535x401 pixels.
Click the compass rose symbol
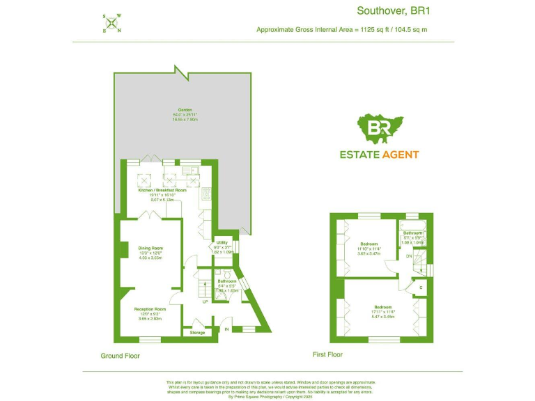[x=112, y=24]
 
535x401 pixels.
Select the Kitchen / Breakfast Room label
[x=162, y=190]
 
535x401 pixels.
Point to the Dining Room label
[x=151, y=248]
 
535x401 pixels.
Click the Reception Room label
[x=150, y=308]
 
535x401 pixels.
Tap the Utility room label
[x=222, y=242]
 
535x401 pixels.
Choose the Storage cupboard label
[x=197, y=333]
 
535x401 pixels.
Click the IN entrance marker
[x=226, y=329]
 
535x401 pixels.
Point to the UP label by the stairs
[x=205, y=302]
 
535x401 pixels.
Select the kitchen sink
[x=189, y=170]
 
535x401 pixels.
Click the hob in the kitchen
[x=206, y=195]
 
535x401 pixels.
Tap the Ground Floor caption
[x=121, y=356]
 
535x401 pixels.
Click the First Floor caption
[x=328, y=355]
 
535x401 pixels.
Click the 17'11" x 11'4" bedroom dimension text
[x=382, y=312]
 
